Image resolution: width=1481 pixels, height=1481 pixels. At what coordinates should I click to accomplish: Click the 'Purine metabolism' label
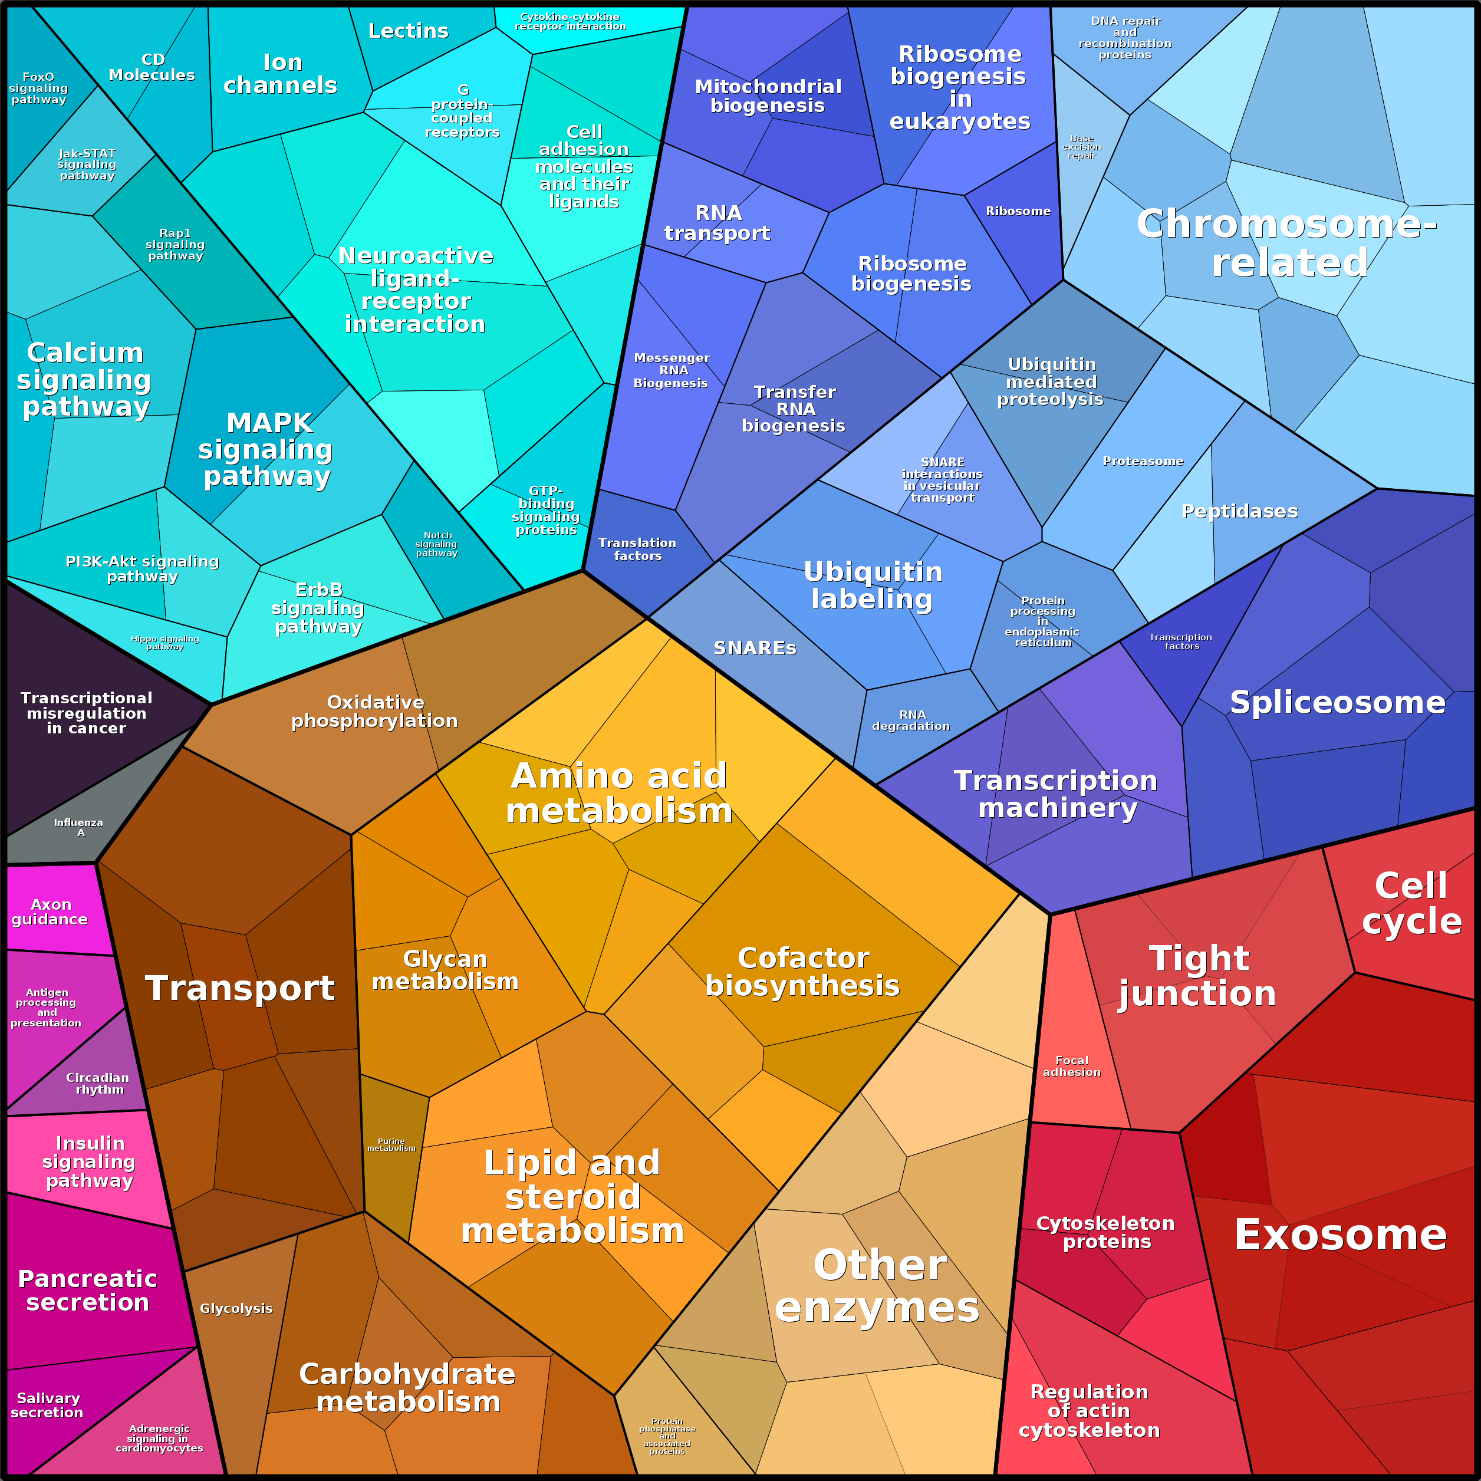click(x=391, y=1144)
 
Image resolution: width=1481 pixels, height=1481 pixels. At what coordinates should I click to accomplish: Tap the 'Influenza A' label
click(x=79, y=827)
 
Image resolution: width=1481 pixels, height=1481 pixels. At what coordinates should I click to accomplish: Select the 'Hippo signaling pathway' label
click(x=165, y=643)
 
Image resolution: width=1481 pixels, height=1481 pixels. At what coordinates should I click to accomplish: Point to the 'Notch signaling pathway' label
click(x=437, y=544)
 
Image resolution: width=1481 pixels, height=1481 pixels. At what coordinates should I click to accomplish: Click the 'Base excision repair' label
click(x=1082, y=147)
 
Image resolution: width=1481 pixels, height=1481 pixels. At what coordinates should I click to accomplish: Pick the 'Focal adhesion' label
click(x=1072, y=1067)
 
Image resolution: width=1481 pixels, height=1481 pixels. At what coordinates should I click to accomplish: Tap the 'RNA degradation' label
click(x=911, y=720)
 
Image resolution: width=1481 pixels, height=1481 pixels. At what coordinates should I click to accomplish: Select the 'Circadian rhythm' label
click(x=98, y=1083)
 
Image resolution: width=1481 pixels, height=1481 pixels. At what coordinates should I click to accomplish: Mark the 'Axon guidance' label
click(x=50, y=911)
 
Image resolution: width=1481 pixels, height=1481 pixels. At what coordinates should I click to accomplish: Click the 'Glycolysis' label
click(x=236, y=1308)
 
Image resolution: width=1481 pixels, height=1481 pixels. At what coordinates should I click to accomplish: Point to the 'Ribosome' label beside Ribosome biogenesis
click(x=1018, y=211)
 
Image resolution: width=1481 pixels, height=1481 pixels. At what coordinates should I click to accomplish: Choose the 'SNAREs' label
click(x=755, y=648)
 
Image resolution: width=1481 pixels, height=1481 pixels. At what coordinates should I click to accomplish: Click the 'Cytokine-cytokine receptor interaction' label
click(x=570, y=21)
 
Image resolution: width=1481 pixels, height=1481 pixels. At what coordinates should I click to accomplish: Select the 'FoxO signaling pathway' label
click(x=38, y=88)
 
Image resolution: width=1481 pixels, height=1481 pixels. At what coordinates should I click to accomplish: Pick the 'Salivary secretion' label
click(x=48, y=1405)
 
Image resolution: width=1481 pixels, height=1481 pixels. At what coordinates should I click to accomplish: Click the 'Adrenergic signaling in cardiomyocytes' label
click(x=159, y=1438)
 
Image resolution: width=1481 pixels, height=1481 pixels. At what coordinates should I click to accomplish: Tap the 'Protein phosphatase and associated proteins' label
click(x=667, y=1436)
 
